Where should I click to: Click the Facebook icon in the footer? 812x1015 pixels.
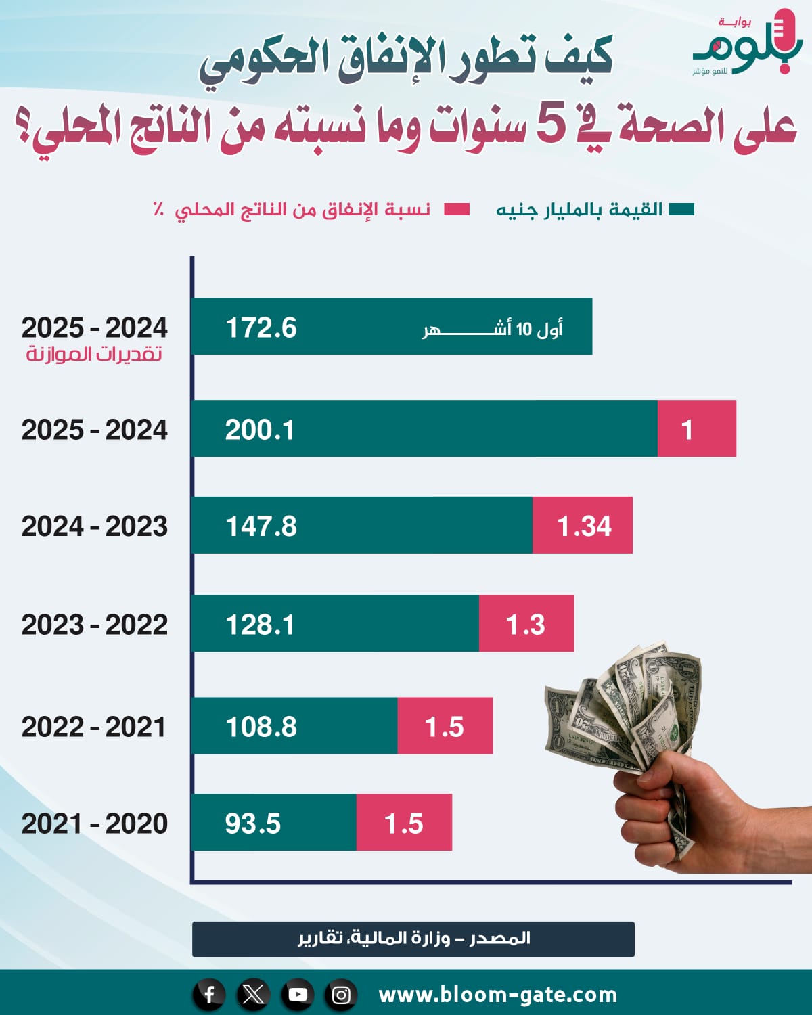click(x=209, y=995)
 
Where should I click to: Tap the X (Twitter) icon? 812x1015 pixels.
click(x=253, y=995)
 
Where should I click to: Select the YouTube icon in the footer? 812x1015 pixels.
click(x=297, y=995)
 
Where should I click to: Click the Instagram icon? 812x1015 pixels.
click(x=342, y=995)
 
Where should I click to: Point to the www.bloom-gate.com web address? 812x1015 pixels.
click(x=498, y=995)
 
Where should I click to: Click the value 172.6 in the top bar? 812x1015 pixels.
click(x=261, y=328)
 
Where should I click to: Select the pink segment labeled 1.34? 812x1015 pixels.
click(x=583, y=526)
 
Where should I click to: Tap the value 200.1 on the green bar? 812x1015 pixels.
click(x=260, y=430)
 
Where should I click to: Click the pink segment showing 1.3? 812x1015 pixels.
click(x=526, y=624)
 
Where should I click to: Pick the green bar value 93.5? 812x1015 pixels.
click(x=253, y=824)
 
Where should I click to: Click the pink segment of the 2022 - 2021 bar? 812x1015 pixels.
click(x=445, y=727)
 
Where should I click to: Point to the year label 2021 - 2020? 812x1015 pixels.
click(x=95, y=824)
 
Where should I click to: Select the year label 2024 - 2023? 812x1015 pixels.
click(x=95, y=526)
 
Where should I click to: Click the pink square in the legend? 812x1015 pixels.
click(x=457, y=209)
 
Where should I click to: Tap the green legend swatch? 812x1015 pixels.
click(x=681, y=209)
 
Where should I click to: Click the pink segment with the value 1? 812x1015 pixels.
click(x=696, y=430)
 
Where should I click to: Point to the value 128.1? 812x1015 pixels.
click(x=261, y=625)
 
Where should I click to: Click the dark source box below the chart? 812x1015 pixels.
click(x=413, y=939)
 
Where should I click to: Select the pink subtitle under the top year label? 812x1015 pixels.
click(x=95, y=354)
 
